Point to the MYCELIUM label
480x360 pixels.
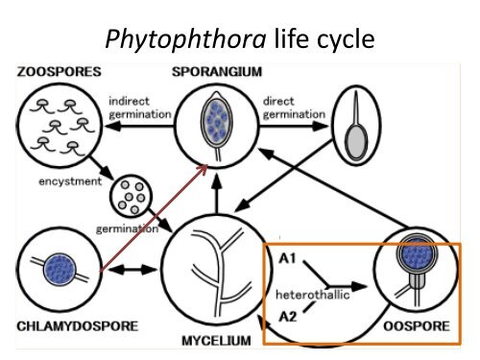point(216,341)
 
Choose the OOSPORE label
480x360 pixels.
point(416,326)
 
